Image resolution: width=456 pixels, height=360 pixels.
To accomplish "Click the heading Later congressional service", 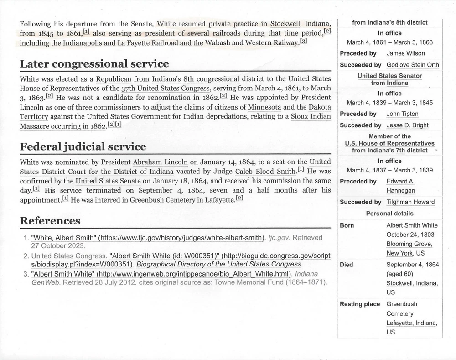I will tap(94, 63).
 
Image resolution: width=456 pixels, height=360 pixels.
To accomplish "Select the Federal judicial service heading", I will tap(83, 146).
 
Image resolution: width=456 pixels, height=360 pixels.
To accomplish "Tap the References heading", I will tap(50, 221).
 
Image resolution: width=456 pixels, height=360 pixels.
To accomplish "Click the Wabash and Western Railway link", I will tap(252, 43).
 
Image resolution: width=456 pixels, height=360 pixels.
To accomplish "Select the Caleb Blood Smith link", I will tap(265, 172).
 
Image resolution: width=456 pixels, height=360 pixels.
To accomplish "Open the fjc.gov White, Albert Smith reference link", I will tap(148, 237).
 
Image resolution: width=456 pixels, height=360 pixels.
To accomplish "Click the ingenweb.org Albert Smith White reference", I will tap(161, 273).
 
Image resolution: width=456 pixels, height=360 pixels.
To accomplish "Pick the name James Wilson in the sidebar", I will tap(405, 53).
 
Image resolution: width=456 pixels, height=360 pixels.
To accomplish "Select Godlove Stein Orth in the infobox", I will tap(413, 65).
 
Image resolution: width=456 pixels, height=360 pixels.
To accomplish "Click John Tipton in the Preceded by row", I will tap(402, 114).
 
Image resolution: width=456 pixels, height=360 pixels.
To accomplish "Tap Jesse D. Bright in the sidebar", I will tap(407, 125).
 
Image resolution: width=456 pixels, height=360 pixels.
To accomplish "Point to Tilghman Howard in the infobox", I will tap(410, 202).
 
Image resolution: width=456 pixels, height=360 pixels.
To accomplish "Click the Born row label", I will tap(347, 225).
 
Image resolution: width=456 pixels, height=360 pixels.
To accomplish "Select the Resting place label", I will tap(360, 304).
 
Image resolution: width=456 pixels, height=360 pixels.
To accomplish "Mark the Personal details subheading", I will tap(389, 214).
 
